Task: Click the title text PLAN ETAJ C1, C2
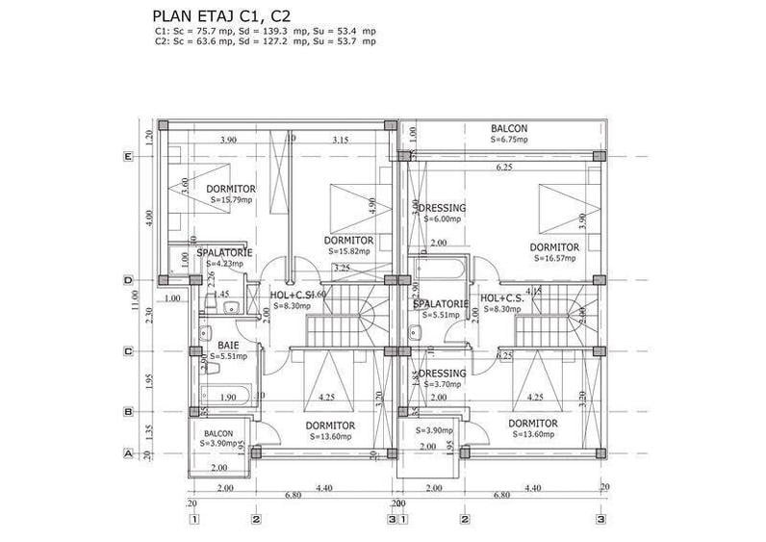tap(222, 16)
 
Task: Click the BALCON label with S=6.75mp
tap(509, 129)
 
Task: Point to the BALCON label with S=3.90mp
tap(218, 434)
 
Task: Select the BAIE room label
tap(228, 345)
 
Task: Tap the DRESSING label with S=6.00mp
tap(441, 208)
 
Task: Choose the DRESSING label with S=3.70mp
tap(441, 374)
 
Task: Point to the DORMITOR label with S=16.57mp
tap(554, 247)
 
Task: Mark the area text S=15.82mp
tap(343, 251)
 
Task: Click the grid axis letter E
tap(127, 156)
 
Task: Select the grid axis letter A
tap(127, 452)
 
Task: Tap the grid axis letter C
tap(127, 351)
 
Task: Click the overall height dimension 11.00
tap(137, 302)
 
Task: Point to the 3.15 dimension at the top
tap(340, 141)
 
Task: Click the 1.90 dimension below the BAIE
tap(228, 397)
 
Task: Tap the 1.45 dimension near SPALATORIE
tap(220, 295)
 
